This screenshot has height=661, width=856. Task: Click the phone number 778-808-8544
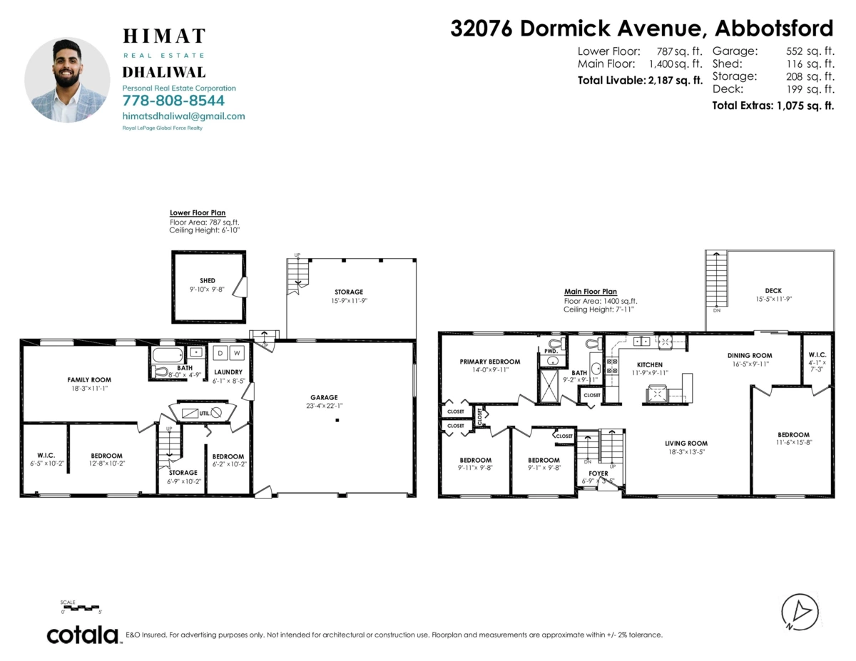pos(173,101)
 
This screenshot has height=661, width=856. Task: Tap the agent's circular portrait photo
pos(67,80)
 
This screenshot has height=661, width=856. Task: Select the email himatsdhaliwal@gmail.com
pos(183,116)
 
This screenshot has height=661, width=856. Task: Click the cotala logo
pos(83,635)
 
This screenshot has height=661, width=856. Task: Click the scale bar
pos(80,608)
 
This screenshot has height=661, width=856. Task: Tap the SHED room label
pos(208,281)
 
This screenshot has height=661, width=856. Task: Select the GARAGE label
pos(324,397)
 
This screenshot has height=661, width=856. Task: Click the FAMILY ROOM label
pos(87,379)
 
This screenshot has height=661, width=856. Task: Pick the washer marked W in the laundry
pos(238,353)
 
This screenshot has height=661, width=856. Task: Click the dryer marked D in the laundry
pos(220,353)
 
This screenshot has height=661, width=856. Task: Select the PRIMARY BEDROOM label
pos(489,362)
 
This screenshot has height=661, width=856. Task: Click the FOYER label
pos(598,473)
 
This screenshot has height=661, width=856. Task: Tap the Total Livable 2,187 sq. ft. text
pos(640,81)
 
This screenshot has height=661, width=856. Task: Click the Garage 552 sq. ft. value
pos(819,51)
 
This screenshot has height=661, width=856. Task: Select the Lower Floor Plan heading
pos(198,212)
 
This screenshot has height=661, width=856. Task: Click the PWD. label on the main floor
pos(550,351)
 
